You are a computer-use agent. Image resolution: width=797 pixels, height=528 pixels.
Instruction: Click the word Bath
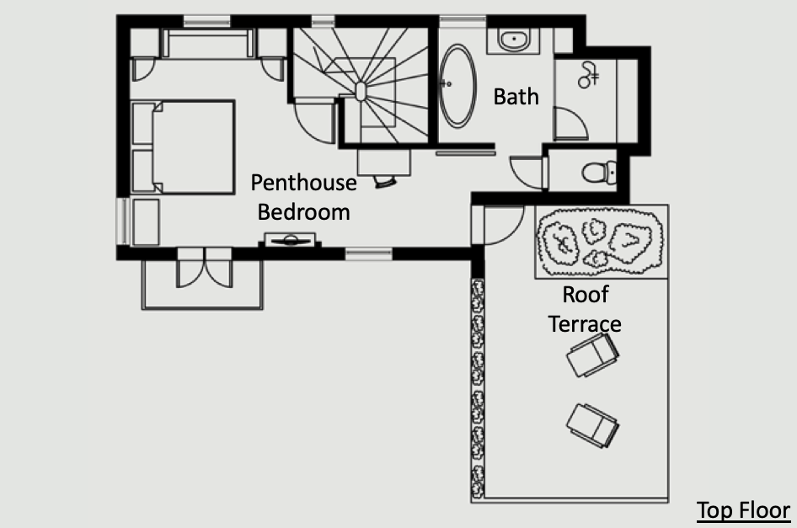pyautogui.click(x=516, y=97)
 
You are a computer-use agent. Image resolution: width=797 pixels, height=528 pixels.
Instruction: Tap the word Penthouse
pyautogui.click(x=303, y=183)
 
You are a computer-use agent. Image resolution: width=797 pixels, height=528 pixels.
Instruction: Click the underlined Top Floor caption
pyautogui.click(x=743, y=510)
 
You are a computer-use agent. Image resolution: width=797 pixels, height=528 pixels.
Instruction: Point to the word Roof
pyautogui.click(x=585, y=294)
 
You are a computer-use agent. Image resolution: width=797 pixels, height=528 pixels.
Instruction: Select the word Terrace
pyautogui.click(x=585, y=323)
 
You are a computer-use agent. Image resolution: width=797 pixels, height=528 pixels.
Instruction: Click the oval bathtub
pyautogui.click(x=457, y=85)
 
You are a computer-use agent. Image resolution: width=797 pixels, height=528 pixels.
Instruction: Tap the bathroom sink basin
pyautogui.click(x=513, y=39)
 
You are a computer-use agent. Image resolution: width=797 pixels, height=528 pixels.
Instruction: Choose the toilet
pyautogui.click(x=599, y=173)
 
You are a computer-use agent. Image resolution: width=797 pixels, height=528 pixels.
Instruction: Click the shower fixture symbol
pyautogui.click(x=588, y=75)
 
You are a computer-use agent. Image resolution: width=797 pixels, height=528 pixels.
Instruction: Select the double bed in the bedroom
pyautogui.click(x=183, y=147)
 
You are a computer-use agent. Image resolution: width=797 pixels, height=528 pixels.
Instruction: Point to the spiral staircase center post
pyautogui.click(x=361, y=92)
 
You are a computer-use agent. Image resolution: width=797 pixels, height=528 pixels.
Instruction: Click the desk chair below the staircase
pyautogui.click(x=385, y=181)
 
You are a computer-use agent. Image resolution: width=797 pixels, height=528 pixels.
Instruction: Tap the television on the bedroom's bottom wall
pyautogui.click(x=290, y=240)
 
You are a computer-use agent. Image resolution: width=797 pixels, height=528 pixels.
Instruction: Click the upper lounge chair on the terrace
pyautogui.click(x=592, y=355)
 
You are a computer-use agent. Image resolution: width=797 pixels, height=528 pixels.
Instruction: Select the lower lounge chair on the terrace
pyautogui.click(x=592, y=426)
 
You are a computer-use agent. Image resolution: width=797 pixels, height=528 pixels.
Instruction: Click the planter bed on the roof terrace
pyautogui.click(x=602, y=242)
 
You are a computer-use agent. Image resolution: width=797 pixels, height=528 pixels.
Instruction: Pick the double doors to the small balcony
pyautogui.click(x=205, y=267)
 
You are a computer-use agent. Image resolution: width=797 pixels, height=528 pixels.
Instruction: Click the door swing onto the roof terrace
pyautogui.click(x=503, y=225)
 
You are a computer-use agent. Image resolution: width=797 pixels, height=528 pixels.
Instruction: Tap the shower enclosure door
pyautogui.click(x=571, y=124)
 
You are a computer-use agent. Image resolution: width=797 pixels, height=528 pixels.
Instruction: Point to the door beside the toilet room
pyautogui.click(x=528, y=173)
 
